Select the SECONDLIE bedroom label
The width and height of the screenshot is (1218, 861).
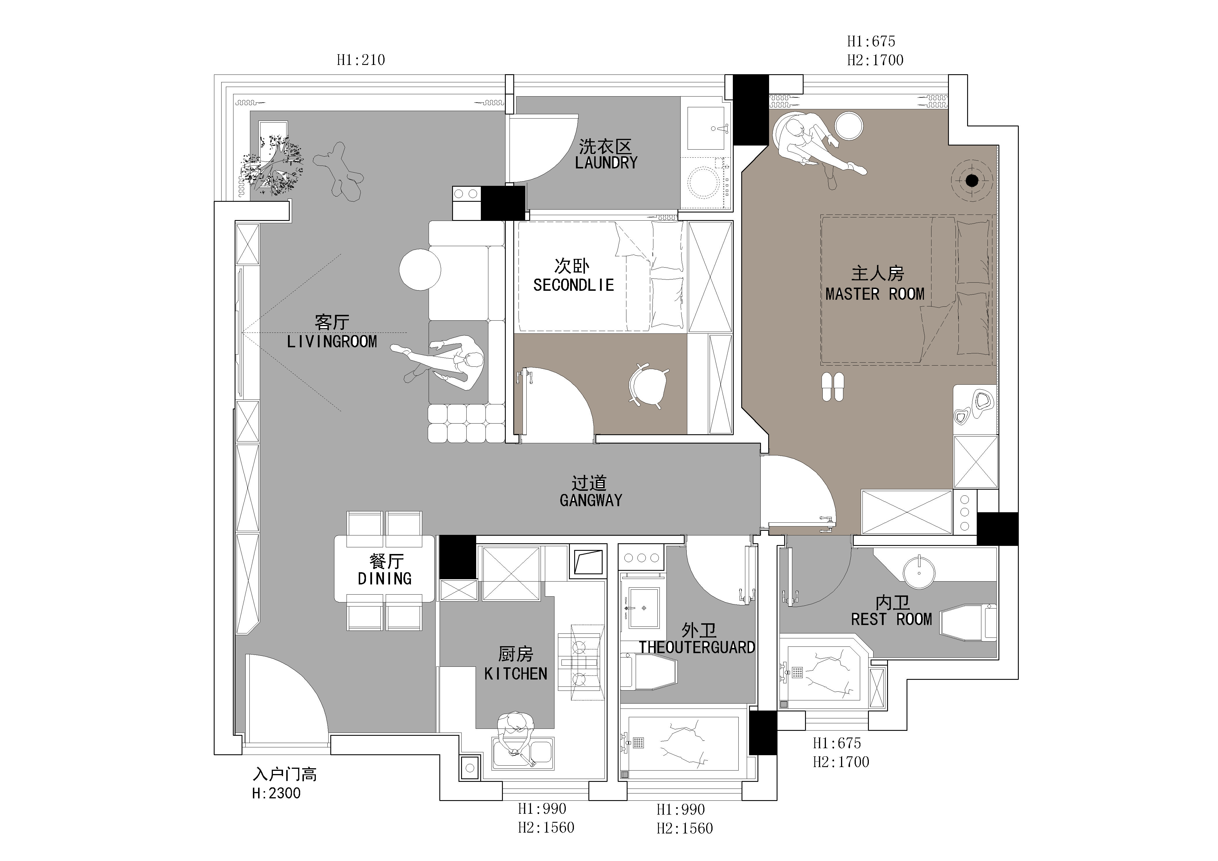(573, 285)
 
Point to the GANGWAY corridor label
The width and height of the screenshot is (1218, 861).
(591, 500)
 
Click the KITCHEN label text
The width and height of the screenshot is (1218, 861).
(516, 674)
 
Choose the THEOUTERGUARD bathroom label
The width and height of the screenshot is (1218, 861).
(697, 647)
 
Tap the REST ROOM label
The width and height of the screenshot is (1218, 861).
(891, 619)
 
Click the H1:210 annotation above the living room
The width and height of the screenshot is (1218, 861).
(361, 60)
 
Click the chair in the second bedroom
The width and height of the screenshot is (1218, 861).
(648, 385)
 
